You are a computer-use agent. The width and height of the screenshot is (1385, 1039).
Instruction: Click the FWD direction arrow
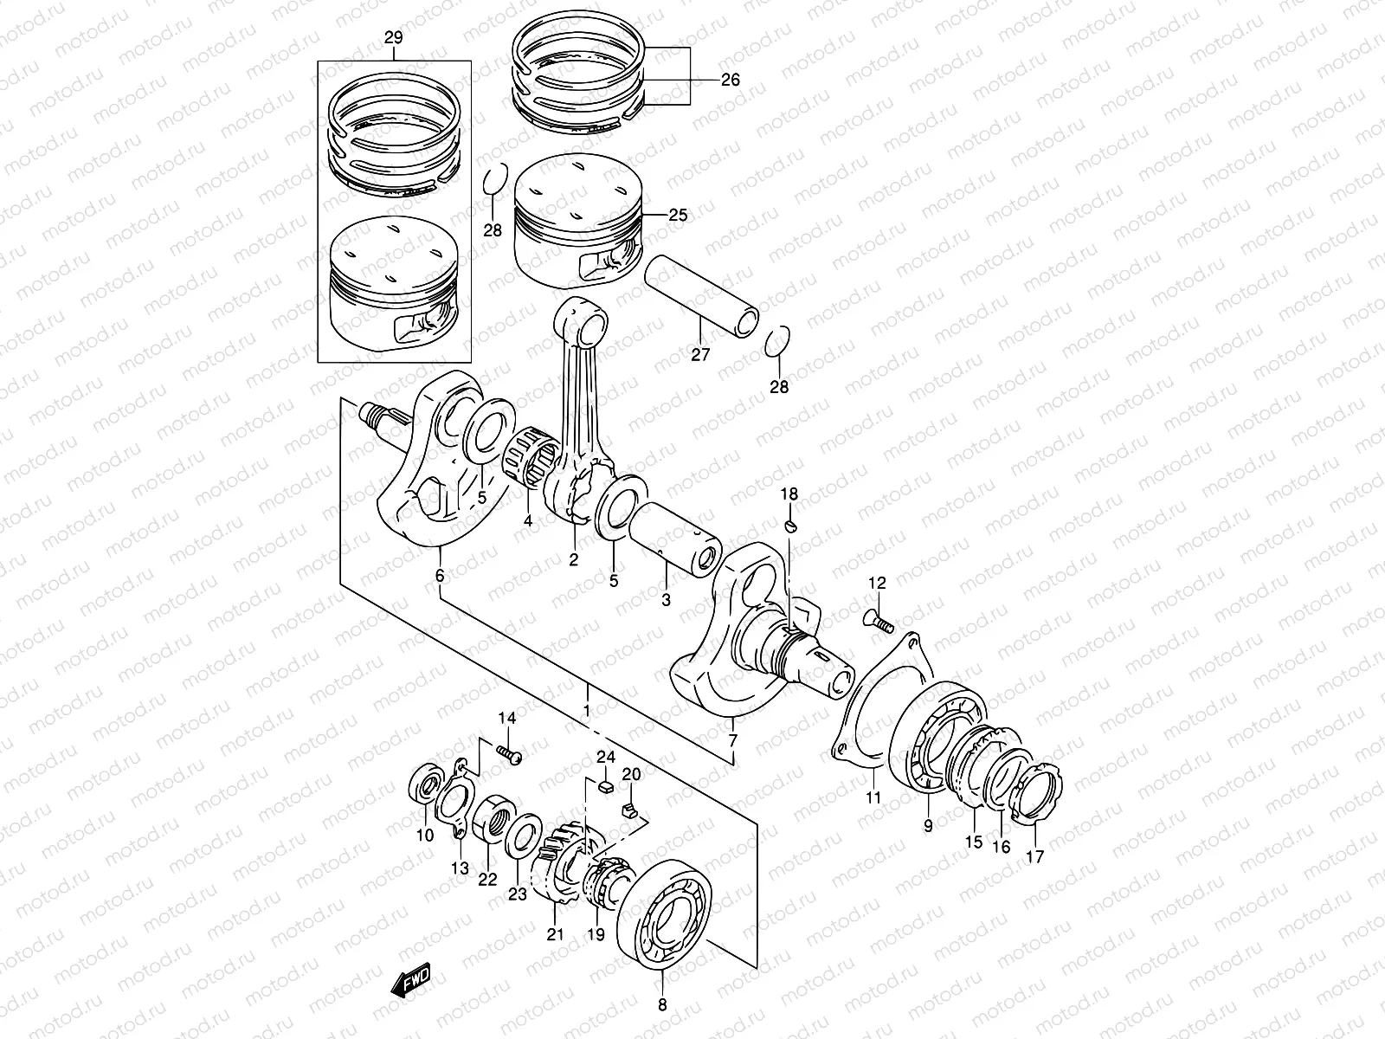click(x=410, y=979)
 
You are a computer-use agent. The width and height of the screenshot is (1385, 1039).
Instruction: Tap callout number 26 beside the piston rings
click(x=731, y=80)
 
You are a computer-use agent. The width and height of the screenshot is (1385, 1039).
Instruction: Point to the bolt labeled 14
click(x=510, y=756)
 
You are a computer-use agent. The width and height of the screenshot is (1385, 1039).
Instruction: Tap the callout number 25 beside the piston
click(x=678, y=215)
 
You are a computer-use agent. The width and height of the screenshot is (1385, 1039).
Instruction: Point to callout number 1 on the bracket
click(x=586, y=711)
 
